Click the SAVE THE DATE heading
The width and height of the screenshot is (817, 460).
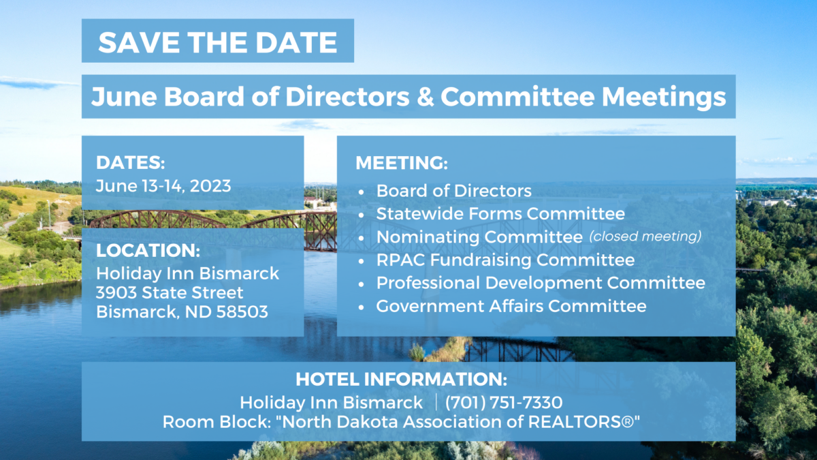[x=218, y=42]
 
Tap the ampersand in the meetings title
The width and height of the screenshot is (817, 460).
[x=425, y=97]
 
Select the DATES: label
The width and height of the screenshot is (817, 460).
[x=130, y=162]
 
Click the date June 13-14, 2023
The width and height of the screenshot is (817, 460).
[x=163, y=186]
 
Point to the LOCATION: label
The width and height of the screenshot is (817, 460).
[x=148, y=251]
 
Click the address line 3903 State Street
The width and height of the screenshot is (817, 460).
[x=170, y=292]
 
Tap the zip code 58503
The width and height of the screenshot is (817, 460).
[x=242, y=312]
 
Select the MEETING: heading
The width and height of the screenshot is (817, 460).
[x=402, y=163]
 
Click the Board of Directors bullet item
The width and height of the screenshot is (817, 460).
[x=453, y=191]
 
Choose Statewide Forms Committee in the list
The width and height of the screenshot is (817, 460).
[x=500, y=213]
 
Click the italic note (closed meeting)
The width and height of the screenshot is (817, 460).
[x=645, y=236]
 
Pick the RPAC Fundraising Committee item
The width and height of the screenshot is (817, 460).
[x=505, y=260]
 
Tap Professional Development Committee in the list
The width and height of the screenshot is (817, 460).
[x=541, y=283]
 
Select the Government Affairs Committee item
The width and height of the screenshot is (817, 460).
[x=511, y=306]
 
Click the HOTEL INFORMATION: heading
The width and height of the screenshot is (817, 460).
[x=401, y=380]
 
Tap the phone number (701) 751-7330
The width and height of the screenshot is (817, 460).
[x=504, y=403]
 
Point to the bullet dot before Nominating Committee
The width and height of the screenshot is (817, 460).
[x=361, y=239]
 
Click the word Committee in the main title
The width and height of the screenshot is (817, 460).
[x=517, y=97]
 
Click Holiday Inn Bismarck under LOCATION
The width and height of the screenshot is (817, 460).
[x=187, y=273]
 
